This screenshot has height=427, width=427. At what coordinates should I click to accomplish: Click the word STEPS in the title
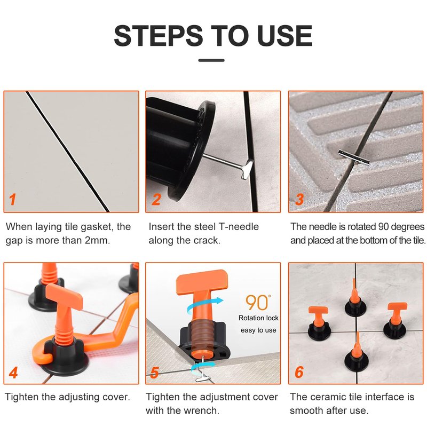[x=159, y=36]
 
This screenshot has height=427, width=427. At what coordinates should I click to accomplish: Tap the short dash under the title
[x=211, y=60]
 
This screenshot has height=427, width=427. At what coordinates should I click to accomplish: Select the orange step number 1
[x=12, y=199]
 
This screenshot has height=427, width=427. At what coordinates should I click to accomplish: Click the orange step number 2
[x=156, y=199]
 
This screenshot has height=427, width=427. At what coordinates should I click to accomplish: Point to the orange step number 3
[x=299, y=199]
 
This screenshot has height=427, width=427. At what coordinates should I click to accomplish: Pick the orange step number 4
[x=13, y=373]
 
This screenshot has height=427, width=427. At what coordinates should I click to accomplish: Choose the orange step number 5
[x=154, y=373]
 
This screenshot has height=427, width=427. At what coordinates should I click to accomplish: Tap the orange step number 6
[x=299, y=372]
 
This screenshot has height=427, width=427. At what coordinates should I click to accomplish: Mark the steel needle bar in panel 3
[x=354, y=157]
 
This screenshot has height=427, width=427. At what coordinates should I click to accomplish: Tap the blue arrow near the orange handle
[x=205, y=305]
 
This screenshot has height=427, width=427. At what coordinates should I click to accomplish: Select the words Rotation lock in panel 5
[x=258, y=318]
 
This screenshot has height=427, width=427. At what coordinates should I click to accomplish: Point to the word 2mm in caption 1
[x=97, y=241]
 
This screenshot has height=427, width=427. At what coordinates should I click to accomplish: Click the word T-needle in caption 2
[x=239, y=226]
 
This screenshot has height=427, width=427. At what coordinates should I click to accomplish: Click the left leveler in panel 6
[x=319, y=323]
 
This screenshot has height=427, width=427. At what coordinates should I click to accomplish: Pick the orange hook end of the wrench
[x=42, y=353]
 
